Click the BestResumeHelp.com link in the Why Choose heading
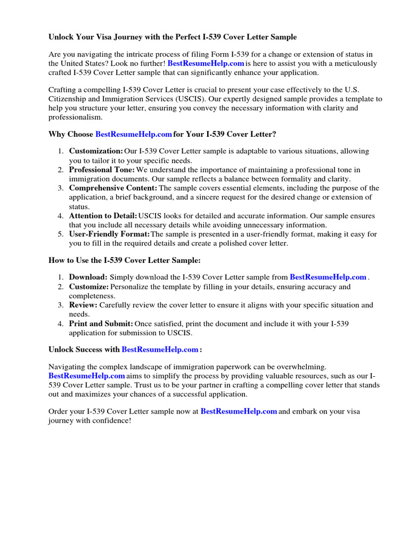(x=134, y=135)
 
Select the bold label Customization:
(x=96, y=152)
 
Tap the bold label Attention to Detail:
(x=103, y=216)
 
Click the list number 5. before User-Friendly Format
(x=61, y=234)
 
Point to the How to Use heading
(x=125, y=260)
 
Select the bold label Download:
(x=88, y=277)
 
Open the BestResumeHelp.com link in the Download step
(x=328, y=277)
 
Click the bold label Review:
(x=83, y=305)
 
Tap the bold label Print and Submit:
(x=101, y=324)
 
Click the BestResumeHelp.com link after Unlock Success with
(x=160, y=350)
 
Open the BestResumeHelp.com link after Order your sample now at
(x=239, y=411)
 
